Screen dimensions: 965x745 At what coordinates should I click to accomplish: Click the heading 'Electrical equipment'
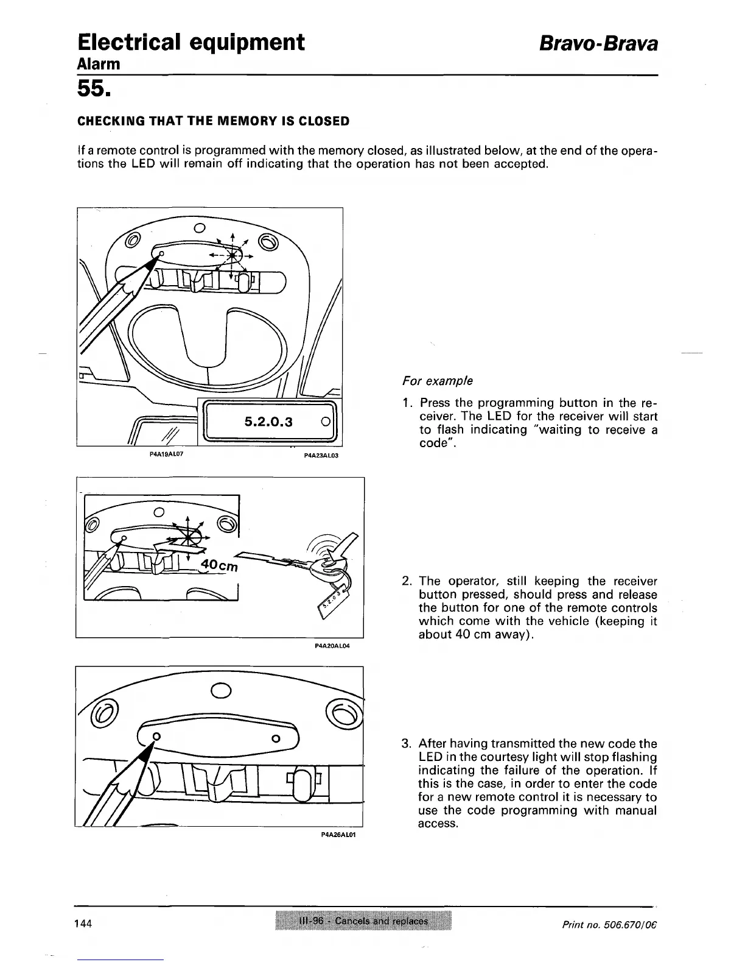tap(191, 43)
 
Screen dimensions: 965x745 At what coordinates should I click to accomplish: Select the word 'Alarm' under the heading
tap(99, 64)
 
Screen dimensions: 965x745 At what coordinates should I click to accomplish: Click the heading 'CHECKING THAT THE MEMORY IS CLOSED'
tap(214, 121)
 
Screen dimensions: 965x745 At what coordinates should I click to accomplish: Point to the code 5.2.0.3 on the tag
tap(268, 422)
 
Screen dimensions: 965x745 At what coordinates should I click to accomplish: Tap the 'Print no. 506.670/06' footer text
tap(610, 924)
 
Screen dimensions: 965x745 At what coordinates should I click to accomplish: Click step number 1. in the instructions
tap(408, 403)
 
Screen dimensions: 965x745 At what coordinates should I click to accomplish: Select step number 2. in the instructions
tap(408, 581)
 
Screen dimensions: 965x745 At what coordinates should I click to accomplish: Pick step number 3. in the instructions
tap(407, 744)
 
